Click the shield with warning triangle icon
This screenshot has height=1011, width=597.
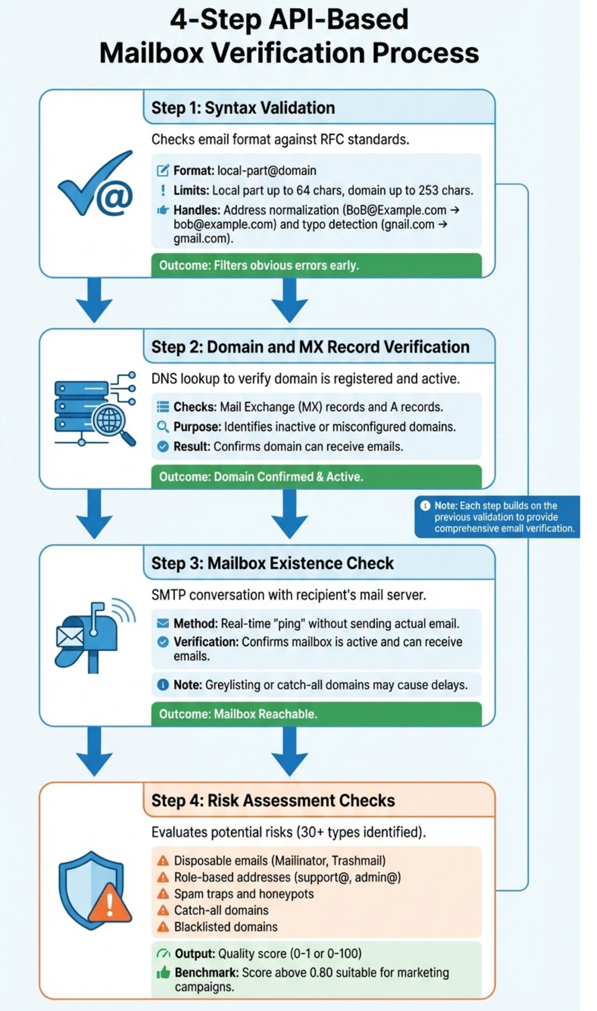coord(95,890)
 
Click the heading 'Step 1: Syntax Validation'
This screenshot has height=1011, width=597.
coord(243,108)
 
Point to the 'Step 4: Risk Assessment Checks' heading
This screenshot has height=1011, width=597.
coord(273,800)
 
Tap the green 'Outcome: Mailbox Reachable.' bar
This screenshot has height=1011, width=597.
coord(316,714)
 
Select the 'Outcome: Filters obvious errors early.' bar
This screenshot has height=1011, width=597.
coord(316,265)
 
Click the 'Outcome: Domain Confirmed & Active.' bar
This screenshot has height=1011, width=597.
coord(316,476)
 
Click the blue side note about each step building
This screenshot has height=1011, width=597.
coord(498,517)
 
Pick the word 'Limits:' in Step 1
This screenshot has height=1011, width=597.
coord(191,191)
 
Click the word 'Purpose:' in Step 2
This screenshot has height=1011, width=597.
coord(197,427)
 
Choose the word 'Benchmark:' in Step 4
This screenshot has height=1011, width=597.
coord(207,972)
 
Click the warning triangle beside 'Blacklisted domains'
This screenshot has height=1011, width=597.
coord(163,927)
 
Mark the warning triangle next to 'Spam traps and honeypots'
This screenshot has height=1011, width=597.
coord(163,894)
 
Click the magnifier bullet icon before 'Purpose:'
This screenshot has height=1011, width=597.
coord(163,427)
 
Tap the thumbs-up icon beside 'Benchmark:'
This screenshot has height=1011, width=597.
coord(163,973)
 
